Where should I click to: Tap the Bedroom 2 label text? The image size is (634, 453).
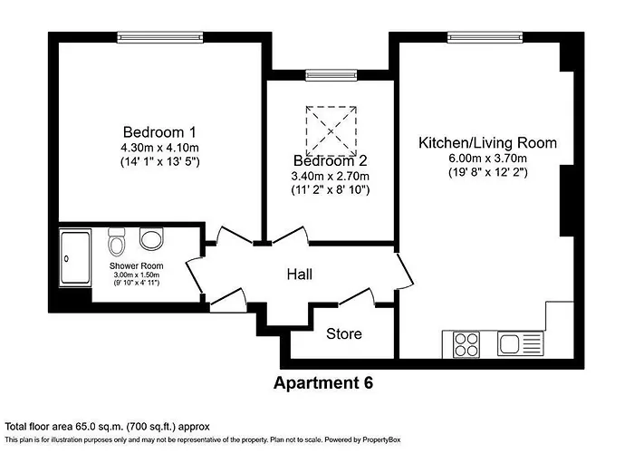[330, 160]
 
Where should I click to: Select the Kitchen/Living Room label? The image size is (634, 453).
[487, 143]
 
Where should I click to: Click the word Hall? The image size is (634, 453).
[300, 274]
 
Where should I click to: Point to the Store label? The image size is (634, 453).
[344, 334]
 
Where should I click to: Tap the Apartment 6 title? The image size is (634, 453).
[323, 382]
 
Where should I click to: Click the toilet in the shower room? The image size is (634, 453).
[116, 243]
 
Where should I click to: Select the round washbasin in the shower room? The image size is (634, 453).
[150, 239]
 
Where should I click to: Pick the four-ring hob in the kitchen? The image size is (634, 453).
[466, 344]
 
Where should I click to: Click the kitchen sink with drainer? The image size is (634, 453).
[520, 344]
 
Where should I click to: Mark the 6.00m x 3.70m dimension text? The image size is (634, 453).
[487, 159]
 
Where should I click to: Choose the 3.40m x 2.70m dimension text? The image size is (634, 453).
[330, 176]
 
